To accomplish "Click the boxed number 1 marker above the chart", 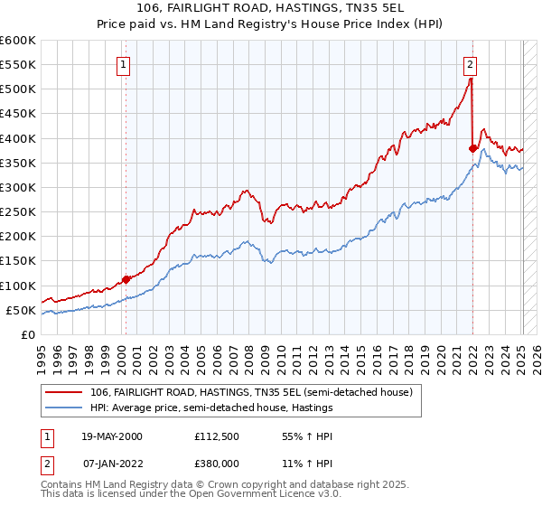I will point(123,64).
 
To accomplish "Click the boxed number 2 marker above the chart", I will point(471,64).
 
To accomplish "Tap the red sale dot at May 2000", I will point(126,279).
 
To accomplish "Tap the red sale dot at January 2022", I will point(472,148).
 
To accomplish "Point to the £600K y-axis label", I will point(18,41).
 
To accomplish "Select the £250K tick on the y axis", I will point(18,212).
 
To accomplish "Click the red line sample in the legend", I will point(64,392).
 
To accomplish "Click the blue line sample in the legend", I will point(64,408).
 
